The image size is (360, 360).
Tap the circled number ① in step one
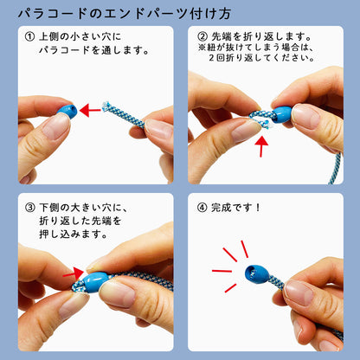[x=30, y=37]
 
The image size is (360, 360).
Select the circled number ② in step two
[x=204, y=37]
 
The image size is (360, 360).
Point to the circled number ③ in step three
[x=30, y=207]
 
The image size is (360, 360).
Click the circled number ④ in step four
[x=204, y=207]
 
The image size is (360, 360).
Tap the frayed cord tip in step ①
[x=108, y=109]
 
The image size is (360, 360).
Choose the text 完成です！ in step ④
[x=237, y=207]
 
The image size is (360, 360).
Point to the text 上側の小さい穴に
[x=83, y=37]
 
